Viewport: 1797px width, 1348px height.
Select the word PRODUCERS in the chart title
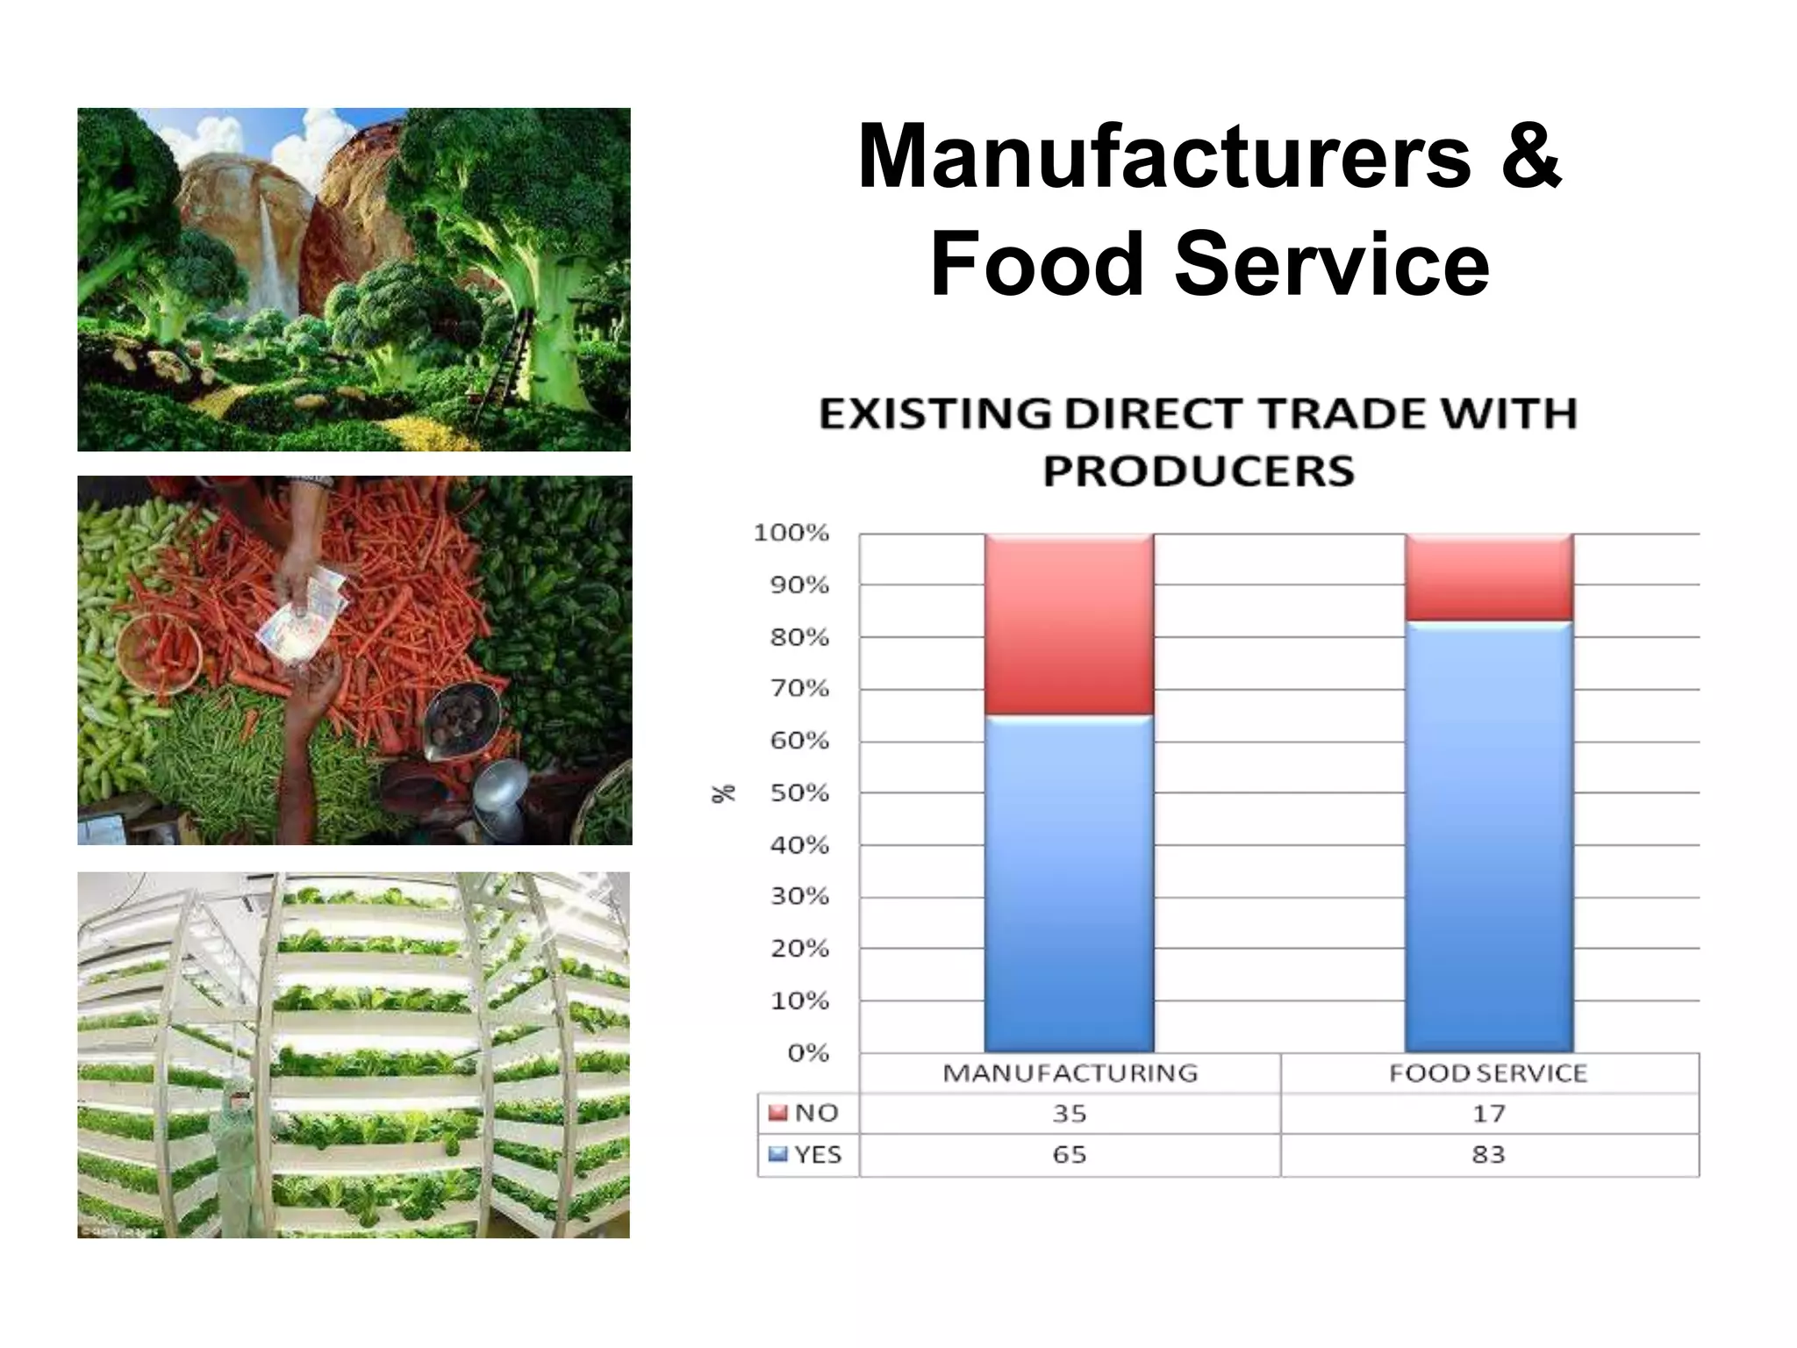(1199, 471)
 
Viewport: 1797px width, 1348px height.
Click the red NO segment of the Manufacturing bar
(1069, 624)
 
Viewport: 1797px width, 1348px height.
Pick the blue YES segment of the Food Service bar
(1488, 835)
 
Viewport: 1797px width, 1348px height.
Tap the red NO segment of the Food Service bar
(1488, 577)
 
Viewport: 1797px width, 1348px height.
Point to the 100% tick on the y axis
(791, 533)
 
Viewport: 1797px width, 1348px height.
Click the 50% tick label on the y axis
(799, 792)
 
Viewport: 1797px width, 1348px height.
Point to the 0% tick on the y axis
(807, 1052)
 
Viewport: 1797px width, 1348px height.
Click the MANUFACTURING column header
(1070, 1073)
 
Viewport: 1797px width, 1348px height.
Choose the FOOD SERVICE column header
(1488, 1073)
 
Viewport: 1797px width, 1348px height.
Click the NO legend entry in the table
(805, 1113)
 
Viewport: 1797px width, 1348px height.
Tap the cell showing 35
(1070, 1114)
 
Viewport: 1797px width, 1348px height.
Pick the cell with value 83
(1488, 1155)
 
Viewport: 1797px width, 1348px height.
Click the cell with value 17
(1488, 1114)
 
